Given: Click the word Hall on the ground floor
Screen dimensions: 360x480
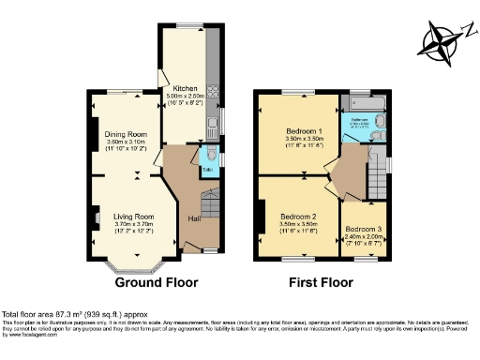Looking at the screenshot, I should tap(194, 218).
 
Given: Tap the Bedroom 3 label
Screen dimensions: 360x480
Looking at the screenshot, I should tap(363, 229).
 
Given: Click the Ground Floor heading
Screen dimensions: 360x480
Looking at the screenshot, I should tap(156, 281).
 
